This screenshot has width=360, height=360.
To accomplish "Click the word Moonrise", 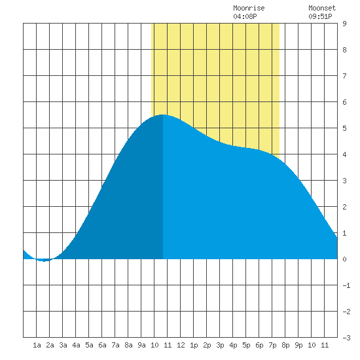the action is pos(249,8).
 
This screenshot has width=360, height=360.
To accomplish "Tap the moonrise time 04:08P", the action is pos(245,16).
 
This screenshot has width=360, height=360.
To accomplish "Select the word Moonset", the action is pos(322,8).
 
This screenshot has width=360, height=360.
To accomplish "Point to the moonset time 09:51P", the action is pos(320,16).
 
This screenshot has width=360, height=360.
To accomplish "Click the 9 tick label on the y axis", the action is pos(344,24).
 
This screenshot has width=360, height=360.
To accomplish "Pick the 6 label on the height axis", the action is pos(344,102).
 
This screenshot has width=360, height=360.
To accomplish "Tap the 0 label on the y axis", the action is pos(344,259).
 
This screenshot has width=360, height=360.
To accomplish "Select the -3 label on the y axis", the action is pos(346,338).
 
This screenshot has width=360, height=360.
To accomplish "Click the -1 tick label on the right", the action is pos(346,285).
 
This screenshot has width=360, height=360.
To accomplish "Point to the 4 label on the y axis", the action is pos(344,154).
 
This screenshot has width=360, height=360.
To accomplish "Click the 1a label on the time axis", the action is pos(37,345).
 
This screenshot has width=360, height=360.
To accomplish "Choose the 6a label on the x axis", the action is pos(102,345).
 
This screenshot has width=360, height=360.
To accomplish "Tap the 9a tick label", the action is pos(141,345).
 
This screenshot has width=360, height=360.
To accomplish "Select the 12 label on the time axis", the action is pos(181,345).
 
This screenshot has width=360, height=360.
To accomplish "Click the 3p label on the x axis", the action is pos(220,345).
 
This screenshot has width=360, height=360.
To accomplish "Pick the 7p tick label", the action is pos(272,345).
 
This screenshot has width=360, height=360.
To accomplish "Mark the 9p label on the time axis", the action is pos(298,345).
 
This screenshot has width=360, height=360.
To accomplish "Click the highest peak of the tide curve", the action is pos(163,115).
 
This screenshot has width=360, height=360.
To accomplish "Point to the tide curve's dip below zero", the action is pos(44,261).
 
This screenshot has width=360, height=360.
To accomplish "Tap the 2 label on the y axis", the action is pos(344,207).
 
